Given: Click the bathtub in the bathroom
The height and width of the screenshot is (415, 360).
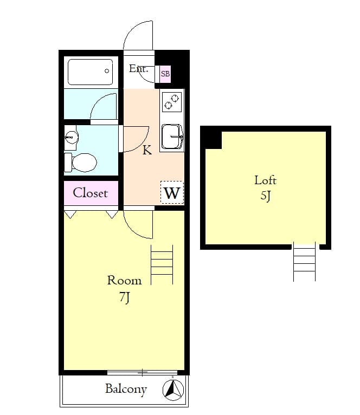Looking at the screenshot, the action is pos(91,72).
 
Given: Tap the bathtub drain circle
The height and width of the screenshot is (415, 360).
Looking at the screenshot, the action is pos(107,71).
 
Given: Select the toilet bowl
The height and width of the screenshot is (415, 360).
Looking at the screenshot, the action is pos(81,162).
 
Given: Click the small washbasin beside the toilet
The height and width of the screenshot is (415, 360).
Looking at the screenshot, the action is pos(71,137).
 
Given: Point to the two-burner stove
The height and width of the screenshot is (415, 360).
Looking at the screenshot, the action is pos(172,102).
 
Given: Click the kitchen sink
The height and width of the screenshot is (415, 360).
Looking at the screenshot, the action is pos(172,137).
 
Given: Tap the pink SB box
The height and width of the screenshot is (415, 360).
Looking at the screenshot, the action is pos(165,74).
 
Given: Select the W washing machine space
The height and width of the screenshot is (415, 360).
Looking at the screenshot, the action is pos(172,192).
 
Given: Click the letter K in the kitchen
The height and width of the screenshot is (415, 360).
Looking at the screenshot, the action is pos(147,150).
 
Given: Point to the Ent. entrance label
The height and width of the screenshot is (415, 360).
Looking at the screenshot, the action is pos(138,69).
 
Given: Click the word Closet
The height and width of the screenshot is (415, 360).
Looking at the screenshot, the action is pos(91,193).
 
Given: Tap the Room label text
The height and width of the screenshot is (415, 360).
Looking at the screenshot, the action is pos(124,280).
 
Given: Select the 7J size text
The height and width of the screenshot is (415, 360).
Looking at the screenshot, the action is pos(125,297).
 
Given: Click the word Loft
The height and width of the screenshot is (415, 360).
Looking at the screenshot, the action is pos(265,180).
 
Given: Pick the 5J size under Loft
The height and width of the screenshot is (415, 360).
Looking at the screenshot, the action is pos(266,196).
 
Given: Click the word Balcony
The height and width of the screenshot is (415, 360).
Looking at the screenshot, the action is pos(126,390).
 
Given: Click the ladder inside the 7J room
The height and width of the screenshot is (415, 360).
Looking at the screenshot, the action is pos(162,265).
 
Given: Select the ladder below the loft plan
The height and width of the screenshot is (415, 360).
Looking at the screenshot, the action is pos(304,261).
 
